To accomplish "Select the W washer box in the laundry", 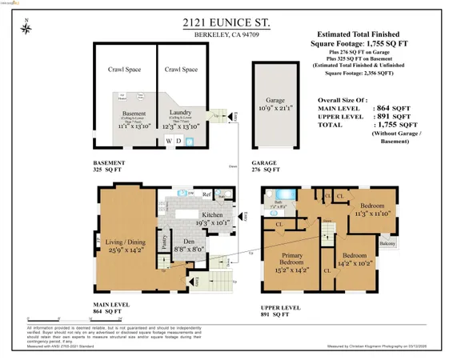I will [x=169, y=141].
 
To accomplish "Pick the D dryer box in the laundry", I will [x=179, y=141].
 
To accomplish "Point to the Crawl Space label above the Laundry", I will [x=182, y=70].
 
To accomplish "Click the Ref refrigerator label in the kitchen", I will [x=206, y=194].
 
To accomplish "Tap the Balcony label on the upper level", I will [x=387, y=242].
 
